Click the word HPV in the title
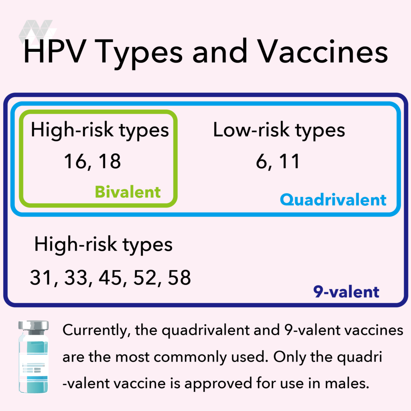click(x=55, y=51)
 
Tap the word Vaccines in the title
click(x=323, y=51)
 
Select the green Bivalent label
click(x=128, y=192)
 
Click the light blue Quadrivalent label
click(x=333, y=200)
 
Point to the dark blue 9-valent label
click(x=346, y=292)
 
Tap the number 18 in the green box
click(x=110, y=161)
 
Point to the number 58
click(x=179, y=278)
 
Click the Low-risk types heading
click(x=279, y=130)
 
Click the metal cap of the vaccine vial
click(x=34, y=326)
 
